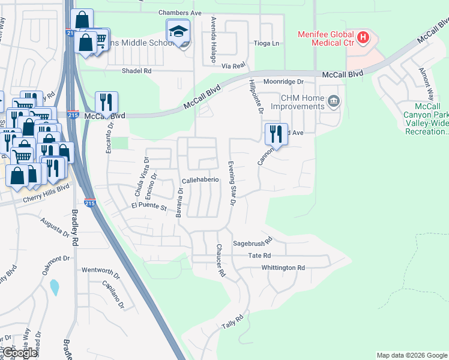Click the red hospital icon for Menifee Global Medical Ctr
(x=363, y=38)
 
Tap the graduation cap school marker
(x=178, y=32)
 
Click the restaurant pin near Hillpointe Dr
(x=276, y=134)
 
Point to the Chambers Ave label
(x=180, y=13)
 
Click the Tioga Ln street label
(x=267, y=43)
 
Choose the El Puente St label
(x=148, y=206)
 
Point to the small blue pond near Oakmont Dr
(x=55, y=287)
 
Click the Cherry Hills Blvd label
(x=45, y=187)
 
